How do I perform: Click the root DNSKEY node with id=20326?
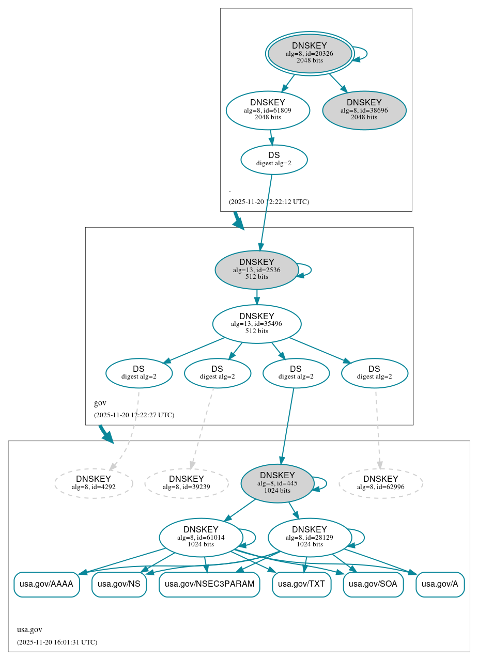[310, 53]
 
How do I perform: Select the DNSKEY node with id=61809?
[268, 109]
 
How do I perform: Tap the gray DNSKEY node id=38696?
[364, 110]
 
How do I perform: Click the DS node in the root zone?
[274, 159]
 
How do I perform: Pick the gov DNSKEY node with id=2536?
[256, 270]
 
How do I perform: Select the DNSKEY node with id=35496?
[256, 324]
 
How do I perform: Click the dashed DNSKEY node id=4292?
[94, 483]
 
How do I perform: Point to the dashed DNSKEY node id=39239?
[186, 483]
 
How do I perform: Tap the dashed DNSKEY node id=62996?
[380, 483]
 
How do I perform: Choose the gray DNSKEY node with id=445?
[277, 483]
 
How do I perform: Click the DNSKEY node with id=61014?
[201, 537]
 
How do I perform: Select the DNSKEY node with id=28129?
[309, 537]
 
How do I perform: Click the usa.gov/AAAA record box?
[47, 584]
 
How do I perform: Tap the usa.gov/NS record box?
[119, 584]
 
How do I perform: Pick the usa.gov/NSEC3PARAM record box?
[209, 584]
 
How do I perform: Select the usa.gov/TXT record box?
[301, 584]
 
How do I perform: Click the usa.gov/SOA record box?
[373, 584]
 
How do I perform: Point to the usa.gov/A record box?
[440, 584]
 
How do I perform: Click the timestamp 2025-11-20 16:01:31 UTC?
[57, 642]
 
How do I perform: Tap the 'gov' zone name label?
[100, 403]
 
